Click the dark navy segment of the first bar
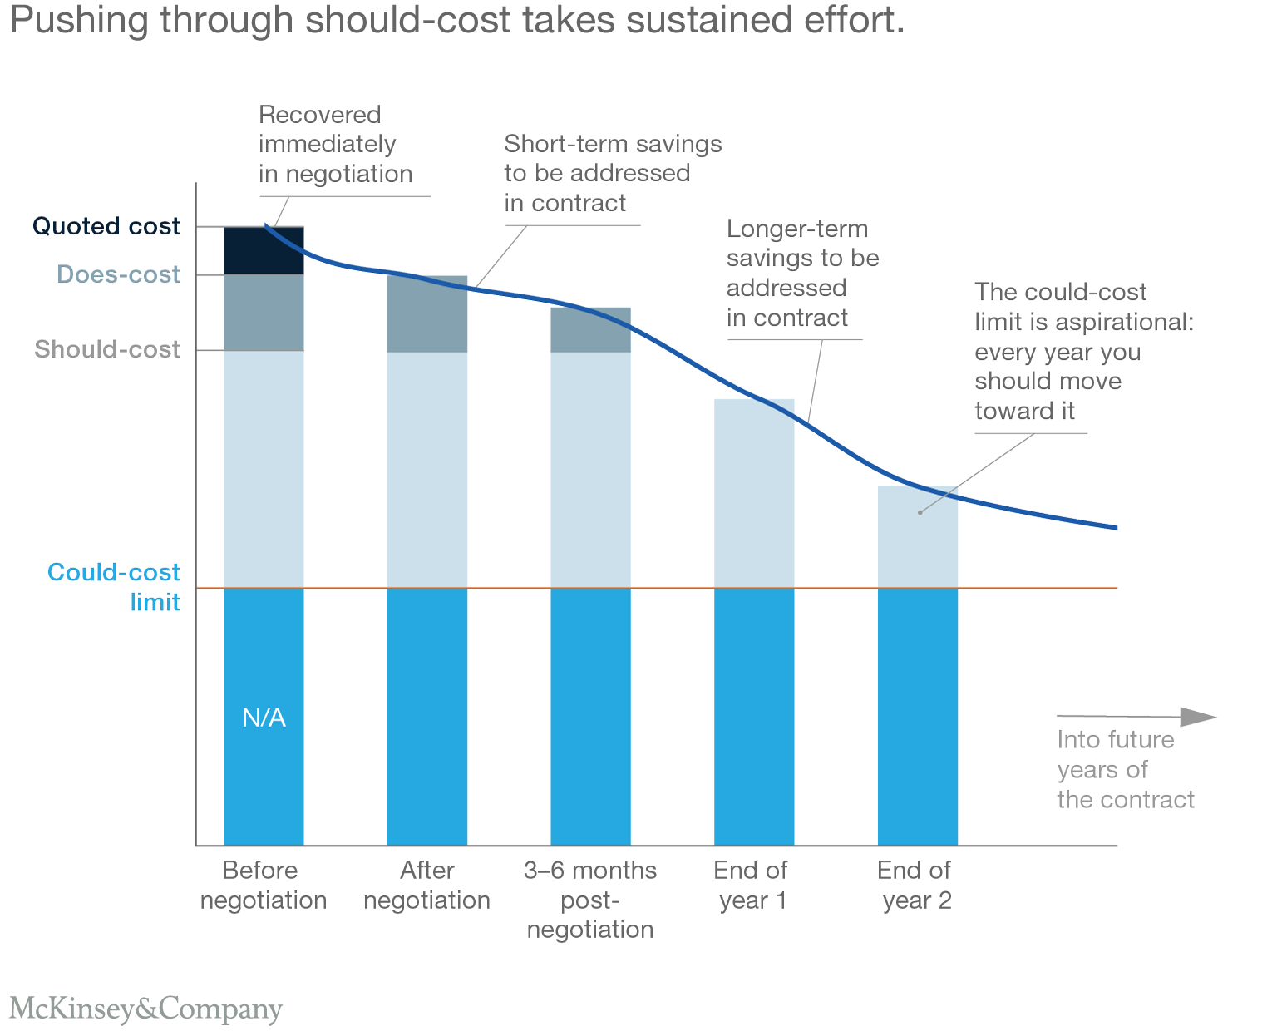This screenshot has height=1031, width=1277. (x=264, y=250)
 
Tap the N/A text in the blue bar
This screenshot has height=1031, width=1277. (x=264, y=718)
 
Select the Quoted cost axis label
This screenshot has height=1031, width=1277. (x=106, y=226)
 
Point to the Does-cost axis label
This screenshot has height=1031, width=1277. (x=118, y=274)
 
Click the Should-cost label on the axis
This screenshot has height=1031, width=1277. (x=107, y=349)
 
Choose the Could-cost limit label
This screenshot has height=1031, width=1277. (x=114, y=586)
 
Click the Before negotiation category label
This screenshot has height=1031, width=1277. (x=263, y=885)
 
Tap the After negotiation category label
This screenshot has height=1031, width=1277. (x=426, y=885)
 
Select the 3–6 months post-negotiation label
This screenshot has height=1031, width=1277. (x=590, y=900)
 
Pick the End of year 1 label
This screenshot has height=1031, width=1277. (x=751, y=885)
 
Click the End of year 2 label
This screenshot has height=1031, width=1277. (x=915, y=885)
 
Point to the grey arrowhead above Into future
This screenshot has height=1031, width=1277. (x=1198, y=717)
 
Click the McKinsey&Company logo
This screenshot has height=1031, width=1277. (x=145, y=1009)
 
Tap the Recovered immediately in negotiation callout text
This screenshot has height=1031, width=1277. (x=335, y=144)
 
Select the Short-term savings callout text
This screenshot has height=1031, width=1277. (x=613, y=173)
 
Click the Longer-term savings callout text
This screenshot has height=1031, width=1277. (x=802, y=273)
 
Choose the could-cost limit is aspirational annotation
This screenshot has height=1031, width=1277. (x=1083, y=351)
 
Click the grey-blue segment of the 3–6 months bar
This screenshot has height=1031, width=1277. (x=590, y=330)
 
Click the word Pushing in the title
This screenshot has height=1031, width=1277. (x=80, y=21)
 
